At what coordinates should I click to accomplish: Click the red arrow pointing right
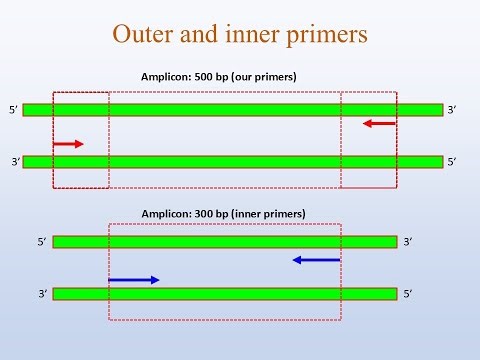click(x=68, y=144)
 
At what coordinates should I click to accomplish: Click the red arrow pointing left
click(x=380, y=123)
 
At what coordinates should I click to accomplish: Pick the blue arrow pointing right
click(x=134, y=279)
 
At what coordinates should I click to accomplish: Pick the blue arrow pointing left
click(x=317, y=260)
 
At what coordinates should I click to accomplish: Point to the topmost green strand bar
click(x=233, y=109)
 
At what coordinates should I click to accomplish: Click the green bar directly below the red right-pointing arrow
click(x=233, y=161)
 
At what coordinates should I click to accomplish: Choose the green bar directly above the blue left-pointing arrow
click(x=225, y=241)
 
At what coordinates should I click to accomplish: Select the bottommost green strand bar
click(x=225, y=294)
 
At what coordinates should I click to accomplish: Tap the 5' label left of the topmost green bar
click(x=13, y=109)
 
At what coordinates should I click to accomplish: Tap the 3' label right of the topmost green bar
click(x=452, y=109)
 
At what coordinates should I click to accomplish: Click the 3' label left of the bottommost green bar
click(x=43, y=294)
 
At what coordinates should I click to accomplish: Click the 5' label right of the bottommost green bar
click(x=407, y=294)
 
